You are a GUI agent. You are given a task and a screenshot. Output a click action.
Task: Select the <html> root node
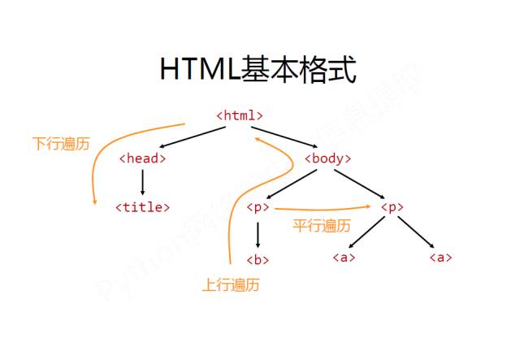pyautogui.click(x=240, y=115)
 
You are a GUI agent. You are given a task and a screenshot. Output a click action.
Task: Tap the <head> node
pyautogui.click(x=142, y=158)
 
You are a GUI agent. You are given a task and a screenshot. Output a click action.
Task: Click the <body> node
pyautogui.click(x=327, y=158)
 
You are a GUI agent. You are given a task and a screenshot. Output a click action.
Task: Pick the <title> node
pyautogui.click(x=142, y=206)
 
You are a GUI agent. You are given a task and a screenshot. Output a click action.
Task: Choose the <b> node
pyautogui.click(x=258, y=260)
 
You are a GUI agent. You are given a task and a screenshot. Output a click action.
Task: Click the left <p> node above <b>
pyautogui.click(x=258, y=207)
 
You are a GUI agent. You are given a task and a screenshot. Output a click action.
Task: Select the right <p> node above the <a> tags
pyautogui.click(x=392, y=207)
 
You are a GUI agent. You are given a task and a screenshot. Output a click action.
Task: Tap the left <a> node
pyautogui.click(x=344, y=258)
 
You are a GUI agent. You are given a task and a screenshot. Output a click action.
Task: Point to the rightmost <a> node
pyautogui.click(x=440, y=258)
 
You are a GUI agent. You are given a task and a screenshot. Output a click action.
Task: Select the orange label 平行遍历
pyautogui.click(x=323, y=225)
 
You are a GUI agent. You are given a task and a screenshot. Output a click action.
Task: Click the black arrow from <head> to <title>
pyautogui.click(x=142, y=183)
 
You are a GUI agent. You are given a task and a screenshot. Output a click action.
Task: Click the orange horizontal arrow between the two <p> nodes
pyautogui.click(x=325, y=210)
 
